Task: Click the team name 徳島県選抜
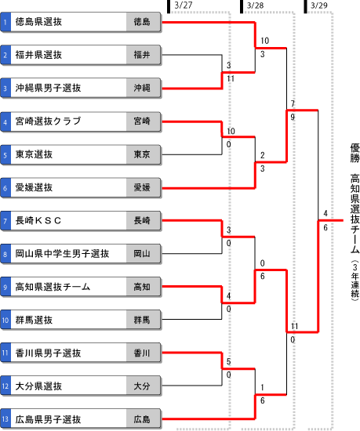coord(38,22)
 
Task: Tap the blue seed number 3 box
coord(5,88)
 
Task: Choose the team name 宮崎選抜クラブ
coord(48,121)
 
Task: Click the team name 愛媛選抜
coord(34,187)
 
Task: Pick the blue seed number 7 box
coord(5,220)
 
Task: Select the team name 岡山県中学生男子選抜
coord(62,253)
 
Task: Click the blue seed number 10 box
coord(5,320)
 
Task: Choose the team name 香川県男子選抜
coord(48,353)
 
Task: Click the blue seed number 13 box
coord(5,419)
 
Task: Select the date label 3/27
coord(184,5)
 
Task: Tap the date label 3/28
coord(255,5)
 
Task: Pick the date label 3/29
coord(319,5)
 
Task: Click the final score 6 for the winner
coord(325,227)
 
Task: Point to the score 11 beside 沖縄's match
coord(231,79)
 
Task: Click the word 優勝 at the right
coord(355,153)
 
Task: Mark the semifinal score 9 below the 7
coord(293,117)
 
